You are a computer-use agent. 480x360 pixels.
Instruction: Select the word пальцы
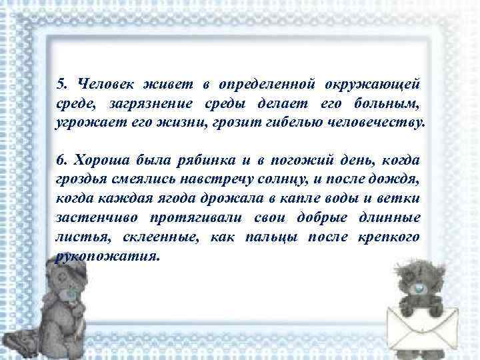(271, 237)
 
